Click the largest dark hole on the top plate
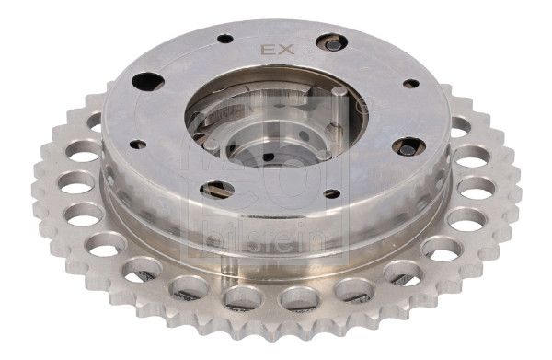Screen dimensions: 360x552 pyautogui.click(x=148, y=81)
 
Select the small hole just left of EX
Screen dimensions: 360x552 pyautogui.click(x=224, y=40)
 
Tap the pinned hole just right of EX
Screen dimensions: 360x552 pyautogui.click(x=331, y=42)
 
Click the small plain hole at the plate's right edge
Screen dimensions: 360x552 pyautogui.click(x=409, y=84)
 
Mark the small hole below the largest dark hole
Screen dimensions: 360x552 pyautogui.click(x=139, y=144)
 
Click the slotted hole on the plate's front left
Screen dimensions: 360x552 pyautogui.click(x=217, y=189)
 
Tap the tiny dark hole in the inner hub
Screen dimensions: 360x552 pyautogui.click(x=268, y=157)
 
